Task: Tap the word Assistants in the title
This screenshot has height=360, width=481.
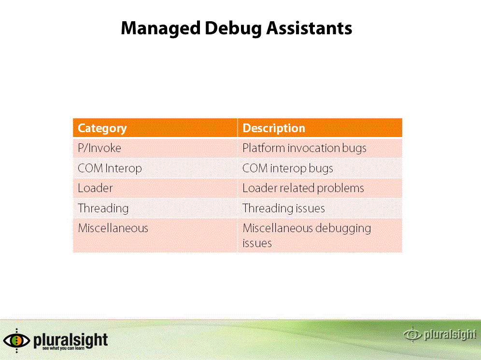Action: click(x=309, y=28)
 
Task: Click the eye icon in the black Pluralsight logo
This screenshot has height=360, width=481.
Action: click(x=16, y=340)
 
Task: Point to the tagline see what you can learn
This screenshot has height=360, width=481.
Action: click(x=63, y=348)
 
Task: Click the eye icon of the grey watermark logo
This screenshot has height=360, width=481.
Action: click(x=412, y=334)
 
